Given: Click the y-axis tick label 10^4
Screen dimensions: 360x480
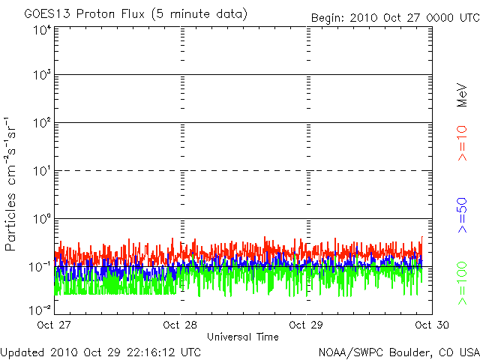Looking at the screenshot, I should [42, 30].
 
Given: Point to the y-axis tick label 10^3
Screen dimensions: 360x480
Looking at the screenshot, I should [42, 76].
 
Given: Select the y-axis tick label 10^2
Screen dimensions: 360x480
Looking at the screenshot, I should [42, 124].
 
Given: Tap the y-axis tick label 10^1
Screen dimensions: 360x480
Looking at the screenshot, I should [42, 172].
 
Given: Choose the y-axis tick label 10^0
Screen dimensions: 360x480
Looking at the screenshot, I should [42, 220].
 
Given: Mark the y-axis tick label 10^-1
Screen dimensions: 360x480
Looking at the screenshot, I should [40, 267].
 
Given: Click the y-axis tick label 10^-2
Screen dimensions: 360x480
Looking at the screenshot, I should [40, 309].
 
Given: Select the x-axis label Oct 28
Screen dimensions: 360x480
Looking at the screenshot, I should [181, 325].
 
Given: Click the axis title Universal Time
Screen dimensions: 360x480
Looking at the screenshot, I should [243, 337].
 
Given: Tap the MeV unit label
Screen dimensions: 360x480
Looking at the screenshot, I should [463, 94].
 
